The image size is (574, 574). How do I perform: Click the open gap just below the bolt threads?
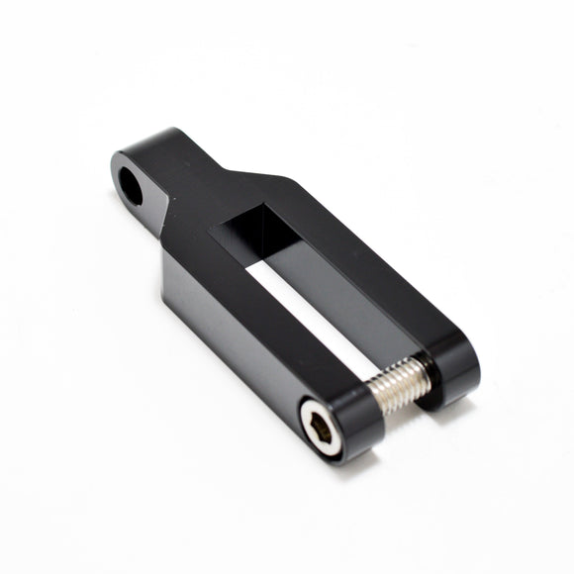tap(401, 406)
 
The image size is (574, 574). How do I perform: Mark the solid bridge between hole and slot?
tap(203, 203)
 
